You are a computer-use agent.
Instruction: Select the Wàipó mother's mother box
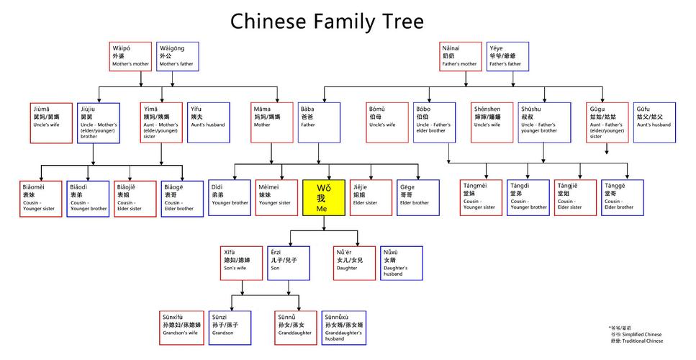click(131, 56)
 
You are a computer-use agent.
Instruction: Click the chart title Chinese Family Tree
click(327, 21)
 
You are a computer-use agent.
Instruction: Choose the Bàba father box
click(319, 122)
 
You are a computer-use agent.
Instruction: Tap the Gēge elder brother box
click(417, 197)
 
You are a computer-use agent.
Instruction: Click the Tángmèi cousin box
click(482, 197)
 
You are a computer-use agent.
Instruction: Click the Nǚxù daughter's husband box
click(402, 263)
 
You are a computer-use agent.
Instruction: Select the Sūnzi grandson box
click(230, 328)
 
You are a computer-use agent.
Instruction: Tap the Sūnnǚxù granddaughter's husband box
click(344, 328)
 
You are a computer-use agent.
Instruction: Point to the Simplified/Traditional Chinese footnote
click(636, 335)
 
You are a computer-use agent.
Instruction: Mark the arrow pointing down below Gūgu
click(607, 149)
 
